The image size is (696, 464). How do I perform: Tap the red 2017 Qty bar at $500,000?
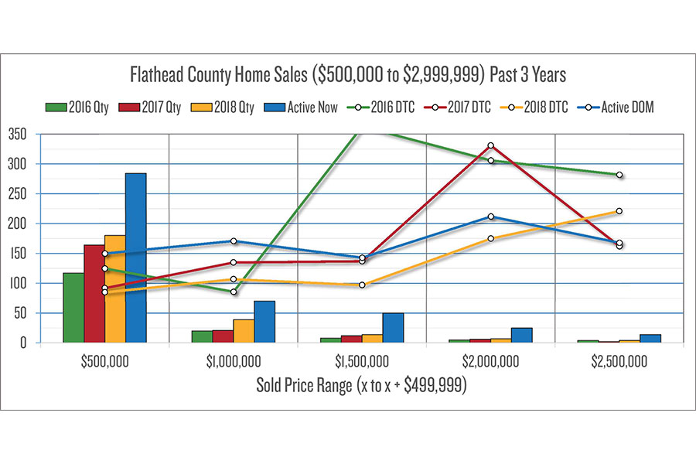pyautogui.click(x=94, y=294)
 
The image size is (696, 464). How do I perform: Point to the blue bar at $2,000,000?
pyautogui.click(x=521, y=335)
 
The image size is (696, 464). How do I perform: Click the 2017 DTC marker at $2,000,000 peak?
pyautogui.click(x=491, y=145)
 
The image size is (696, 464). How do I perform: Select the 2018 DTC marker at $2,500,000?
pyautogui.click(x=619, y=211)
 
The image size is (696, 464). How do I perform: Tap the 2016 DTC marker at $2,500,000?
pyautogui.click(x=619, y=175)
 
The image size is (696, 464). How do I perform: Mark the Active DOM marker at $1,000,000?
pyautogui.click(x=234, y=241)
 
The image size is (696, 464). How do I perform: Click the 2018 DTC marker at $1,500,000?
pyautogui.click(x=362, y=285)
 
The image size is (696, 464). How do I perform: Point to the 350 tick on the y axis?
pyautogui.click(x=18, y=135)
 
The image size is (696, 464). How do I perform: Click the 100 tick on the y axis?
pyautogui.click(x=18, y=283)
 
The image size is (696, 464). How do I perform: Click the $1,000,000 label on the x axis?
pyautogui.click(x=234, y=361)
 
